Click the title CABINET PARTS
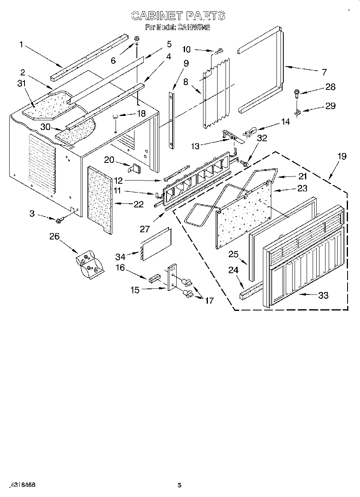(x=178, y=16)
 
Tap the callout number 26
(x=54, y=236)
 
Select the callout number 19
(x=342, y=156)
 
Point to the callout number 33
(x=323, y=296)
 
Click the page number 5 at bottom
(x=179, y=485)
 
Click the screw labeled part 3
(x=59, y=220)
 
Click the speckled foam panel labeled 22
(x=99, y=199)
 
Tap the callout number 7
(x=323, y=72)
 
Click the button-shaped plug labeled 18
(x=115, y=117)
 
